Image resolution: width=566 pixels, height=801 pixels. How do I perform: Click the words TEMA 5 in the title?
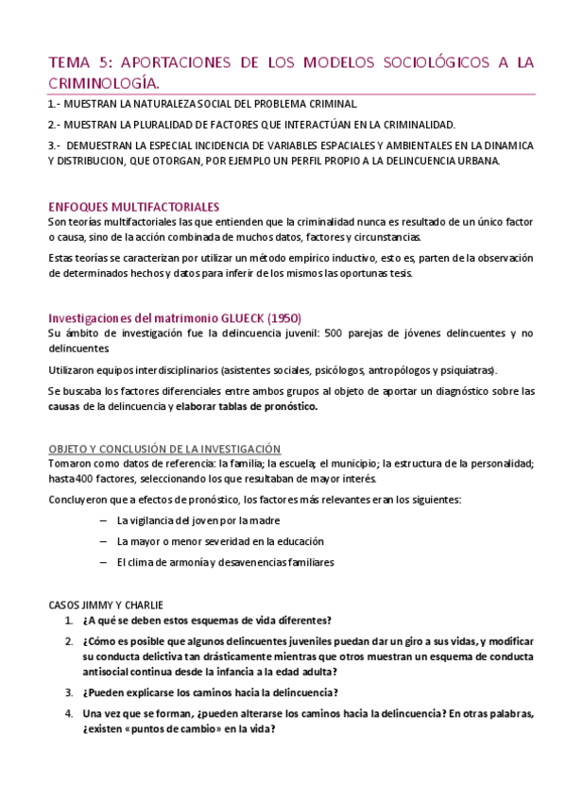[78, 63]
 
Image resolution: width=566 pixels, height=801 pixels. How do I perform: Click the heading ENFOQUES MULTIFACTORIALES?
[133, 206]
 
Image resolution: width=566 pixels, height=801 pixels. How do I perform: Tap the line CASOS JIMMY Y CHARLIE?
[106, 604]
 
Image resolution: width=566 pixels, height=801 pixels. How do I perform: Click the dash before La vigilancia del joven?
[102, 520]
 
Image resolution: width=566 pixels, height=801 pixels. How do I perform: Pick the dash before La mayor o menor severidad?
[102, 541]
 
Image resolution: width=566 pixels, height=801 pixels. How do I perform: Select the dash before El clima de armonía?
[102, 562]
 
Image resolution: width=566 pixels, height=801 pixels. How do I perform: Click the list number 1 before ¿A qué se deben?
[69, 621]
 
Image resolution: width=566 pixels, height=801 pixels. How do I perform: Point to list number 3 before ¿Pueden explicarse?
[69, 692]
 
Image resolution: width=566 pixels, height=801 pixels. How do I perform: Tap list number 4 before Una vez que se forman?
[69, 713]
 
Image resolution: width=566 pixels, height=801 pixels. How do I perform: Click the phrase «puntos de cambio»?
[167, 729]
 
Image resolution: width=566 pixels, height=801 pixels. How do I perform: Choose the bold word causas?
[64, 407]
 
